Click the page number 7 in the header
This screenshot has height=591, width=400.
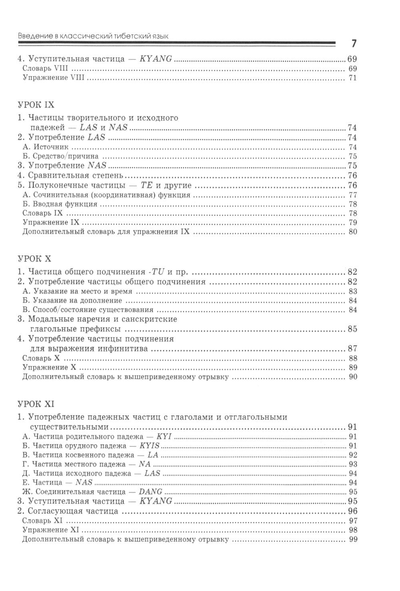click(x=354, y=44)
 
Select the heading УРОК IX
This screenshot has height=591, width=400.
click(x=36, y=105)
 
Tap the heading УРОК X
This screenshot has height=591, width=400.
click(x=35, y=259)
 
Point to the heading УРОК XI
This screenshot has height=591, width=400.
click(x=36, y=404)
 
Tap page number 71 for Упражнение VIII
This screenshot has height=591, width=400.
click(x=352, y=78)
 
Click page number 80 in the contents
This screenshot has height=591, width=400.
click(x=352, y=232)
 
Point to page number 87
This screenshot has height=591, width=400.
click(x=352, y=349)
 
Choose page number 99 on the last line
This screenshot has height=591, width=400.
click(x=352, y=539)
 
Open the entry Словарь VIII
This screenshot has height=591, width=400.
click(x=46, y=68)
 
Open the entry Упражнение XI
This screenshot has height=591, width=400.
click(x=50, y=530)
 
